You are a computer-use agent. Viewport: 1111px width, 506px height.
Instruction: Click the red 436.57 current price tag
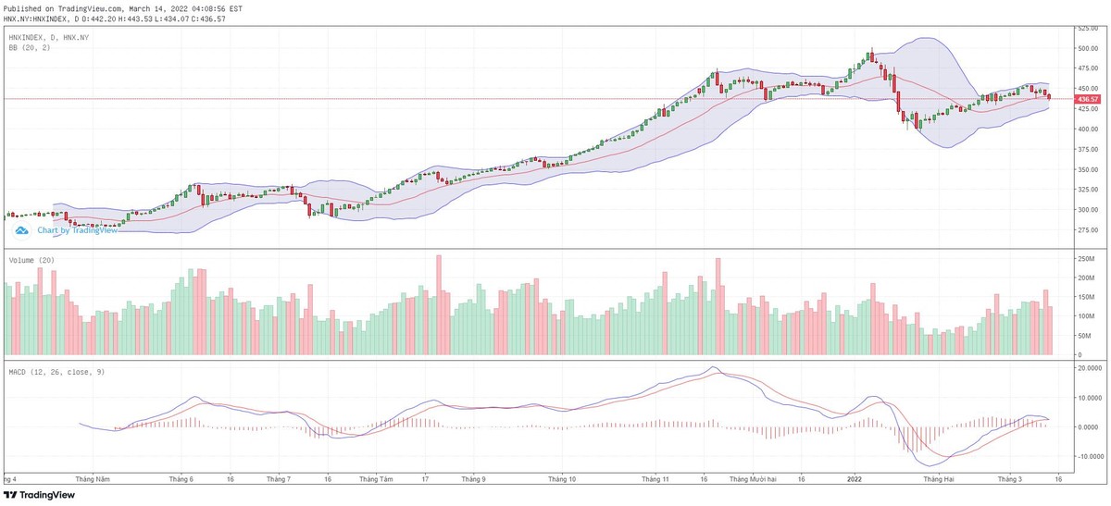[x=1087, y=99]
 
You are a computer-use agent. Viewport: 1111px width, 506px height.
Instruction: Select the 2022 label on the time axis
[x=855, y=479]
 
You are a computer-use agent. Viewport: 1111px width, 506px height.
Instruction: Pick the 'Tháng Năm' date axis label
[x=94, y=479]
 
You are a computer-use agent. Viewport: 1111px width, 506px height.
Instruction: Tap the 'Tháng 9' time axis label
[x=473, y=479]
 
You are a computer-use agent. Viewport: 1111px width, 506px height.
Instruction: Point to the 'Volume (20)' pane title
[x=31, y=261]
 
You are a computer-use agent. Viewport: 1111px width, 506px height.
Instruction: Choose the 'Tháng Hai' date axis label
[x=939, y=479]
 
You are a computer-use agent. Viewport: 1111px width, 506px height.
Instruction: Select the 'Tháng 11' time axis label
[x=655, y=479]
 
